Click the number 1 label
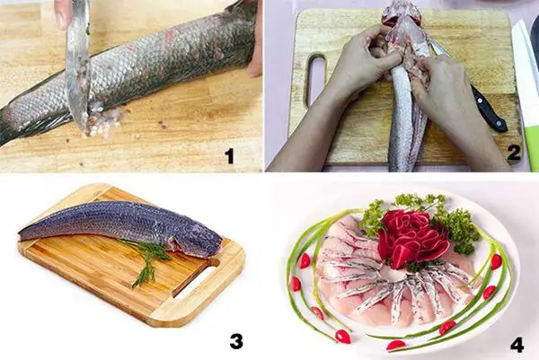click(x=229, y=155)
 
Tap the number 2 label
click(x=513, y=152)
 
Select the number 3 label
click(x=236, y=340)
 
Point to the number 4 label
click(x=517, y=344)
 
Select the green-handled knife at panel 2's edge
click(x=528, y=99)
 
